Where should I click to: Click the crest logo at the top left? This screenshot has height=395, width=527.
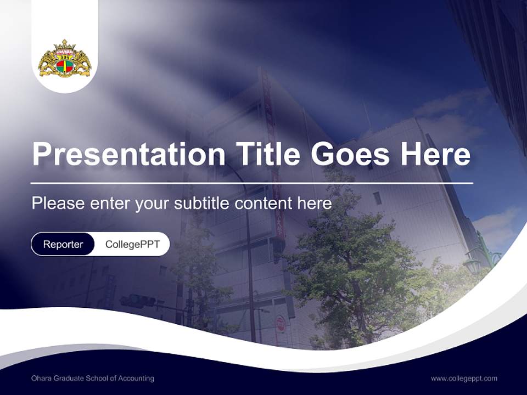click(65, 59)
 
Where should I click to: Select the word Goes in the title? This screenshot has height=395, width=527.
click(350, 154)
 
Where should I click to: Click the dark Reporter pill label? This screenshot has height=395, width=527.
click(63, 244)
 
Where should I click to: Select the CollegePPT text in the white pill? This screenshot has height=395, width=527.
click(132, 244)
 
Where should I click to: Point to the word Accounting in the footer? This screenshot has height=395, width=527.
click(138, 379)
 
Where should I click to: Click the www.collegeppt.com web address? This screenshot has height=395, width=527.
click(464, 379)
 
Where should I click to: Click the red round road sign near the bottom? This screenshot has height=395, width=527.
click(281, 321)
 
